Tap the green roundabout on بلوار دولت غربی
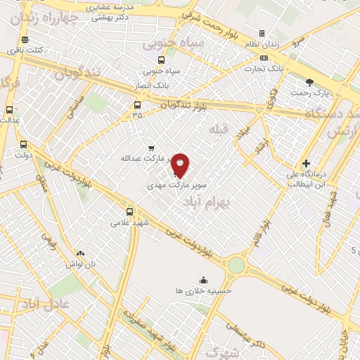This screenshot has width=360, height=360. (236, 265)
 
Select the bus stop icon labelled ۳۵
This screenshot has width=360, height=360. (137, 105)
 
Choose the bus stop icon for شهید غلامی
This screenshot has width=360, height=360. (129, 211)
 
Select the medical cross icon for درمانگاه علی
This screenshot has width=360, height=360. (305, 162)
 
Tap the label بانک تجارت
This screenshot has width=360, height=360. (264, 69)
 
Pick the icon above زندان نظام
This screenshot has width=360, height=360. (262, 33)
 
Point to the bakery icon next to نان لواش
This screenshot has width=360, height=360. (80, 253)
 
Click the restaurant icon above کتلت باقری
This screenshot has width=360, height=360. (25, 39)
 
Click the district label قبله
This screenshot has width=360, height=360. (219, 130)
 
